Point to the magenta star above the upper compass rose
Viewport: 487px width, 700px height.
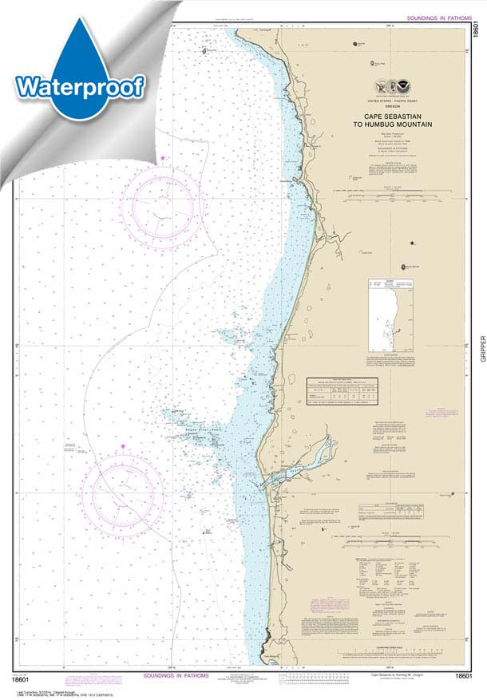click(164, 158)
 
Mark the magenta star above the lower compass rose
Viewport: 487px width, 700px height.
click(123, 446)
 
